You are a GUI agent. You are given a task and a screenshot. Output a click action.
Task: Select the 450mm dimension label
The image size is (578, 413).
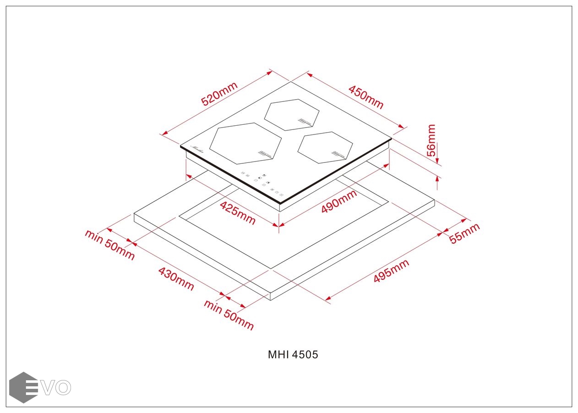coord(366,97)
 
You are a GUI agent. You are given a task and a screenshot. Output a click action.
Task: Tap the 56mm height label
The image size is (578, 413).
coord(431,140)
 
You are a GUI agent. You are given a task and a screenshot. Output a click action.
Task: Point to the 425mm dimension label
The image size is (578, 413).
coord(237,213)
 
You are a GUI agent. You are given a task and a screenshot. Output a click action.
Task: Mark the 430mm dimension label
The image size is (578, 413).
coord(176,279)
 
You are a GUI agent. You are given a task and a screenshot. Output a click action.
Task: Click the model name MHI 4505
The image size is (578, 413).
coord(293,355)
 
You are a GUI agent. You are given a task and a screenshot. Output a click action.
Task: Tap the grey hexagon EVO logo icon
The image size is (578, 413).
coord(23,387)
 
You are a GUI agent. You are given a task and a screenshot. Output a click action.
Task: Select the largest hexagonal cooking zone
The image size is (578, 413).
coord(245,143)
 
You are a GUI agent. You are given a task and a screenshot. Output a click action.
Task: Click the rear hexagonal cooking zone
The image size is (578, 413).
coord(292,115)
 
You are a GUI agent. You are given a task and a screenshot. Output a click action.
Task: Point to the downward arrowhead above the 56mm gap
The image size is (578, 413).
coord(438,160)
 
